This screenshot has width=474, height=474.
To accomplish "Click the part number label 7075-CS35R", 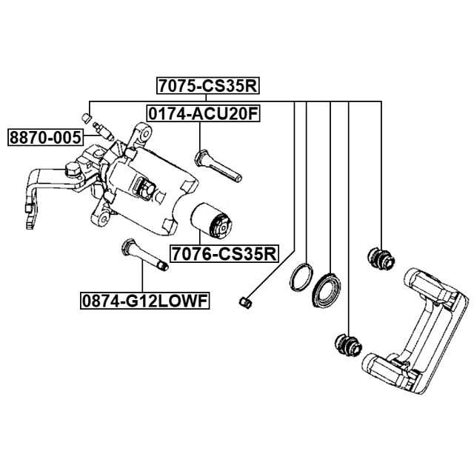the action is pos(208,86).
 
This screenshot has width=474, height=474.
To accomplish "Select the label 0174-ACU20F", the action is pos(204,114).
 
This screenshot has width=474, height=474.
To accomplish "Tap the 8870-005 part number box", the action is pos(46,138).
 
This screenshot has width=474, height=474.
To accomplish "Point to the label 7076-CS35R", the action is pos(224,254).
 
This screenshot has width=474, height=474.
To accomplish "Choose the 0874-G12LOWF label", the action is pos(145,301).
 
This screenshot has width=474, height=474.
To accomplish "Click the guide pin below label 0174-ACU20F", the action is pos(218,166).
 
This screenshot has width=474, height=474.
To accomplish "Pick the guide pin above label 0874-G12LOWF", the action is pos(144,255).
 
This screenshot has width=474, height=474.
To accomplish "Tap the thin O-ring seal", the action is pos(301,278).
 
